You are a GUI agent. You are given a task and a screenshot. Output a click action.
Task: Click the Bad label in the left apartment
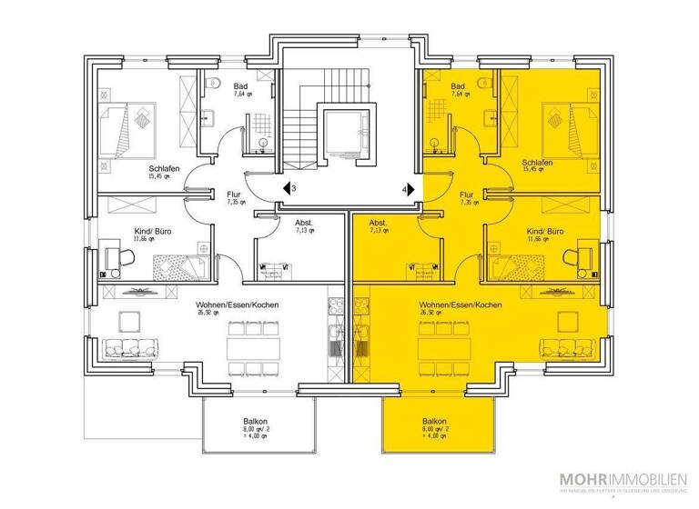241,86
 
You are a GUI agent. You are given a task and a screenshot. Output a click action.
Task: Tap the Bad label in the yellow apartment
458,86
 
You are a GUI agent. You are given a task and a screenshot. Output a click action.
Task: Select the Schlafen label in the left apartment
165,169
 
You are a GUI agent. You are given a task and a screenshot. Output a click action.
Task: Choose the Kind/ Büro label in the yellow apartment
544,233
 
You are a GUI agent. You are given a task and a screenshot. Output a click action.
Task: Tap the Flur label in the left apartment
233,194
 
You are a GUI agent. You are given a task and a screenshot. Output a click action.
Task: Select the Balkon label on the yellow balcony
434,424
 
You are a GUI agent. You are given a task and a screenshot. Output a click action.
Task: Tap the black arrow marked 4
410,189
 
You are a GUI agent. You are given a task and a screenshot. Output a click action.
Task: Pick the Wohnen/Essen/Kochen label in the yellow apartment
460,304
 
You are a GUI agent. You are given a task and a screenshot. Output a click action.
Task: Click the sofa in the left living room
129,347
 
